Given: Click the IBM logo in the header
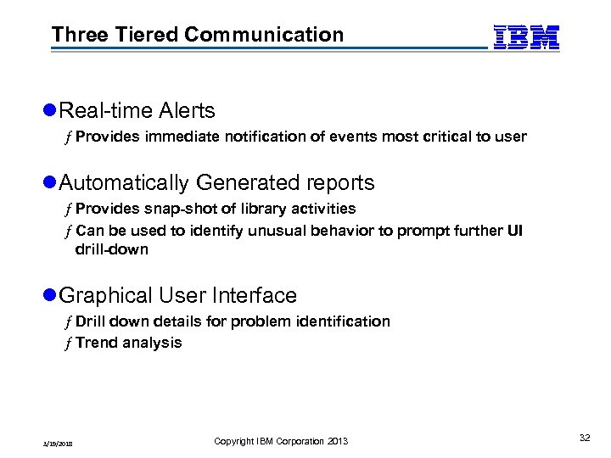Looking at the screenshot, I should click(526, 37).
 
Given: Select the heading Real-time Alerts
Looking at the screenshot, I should click(137, 110).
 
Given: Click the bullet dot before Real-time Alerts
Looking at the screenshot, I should click(49, 111).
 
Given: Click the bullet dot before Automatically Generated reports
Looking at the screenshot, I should click(49, 183).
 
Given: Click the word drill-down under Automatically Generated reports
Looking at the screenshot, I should click(111, 249).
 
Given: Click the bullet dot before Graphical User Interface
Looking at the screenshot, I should click(49, 296).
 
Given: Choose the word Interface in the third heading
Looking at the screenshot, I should click(260, 295).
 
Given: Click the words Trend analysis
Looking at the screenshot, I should click(128, 343).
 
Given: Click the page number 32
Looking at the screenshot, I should click(584, 438).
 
